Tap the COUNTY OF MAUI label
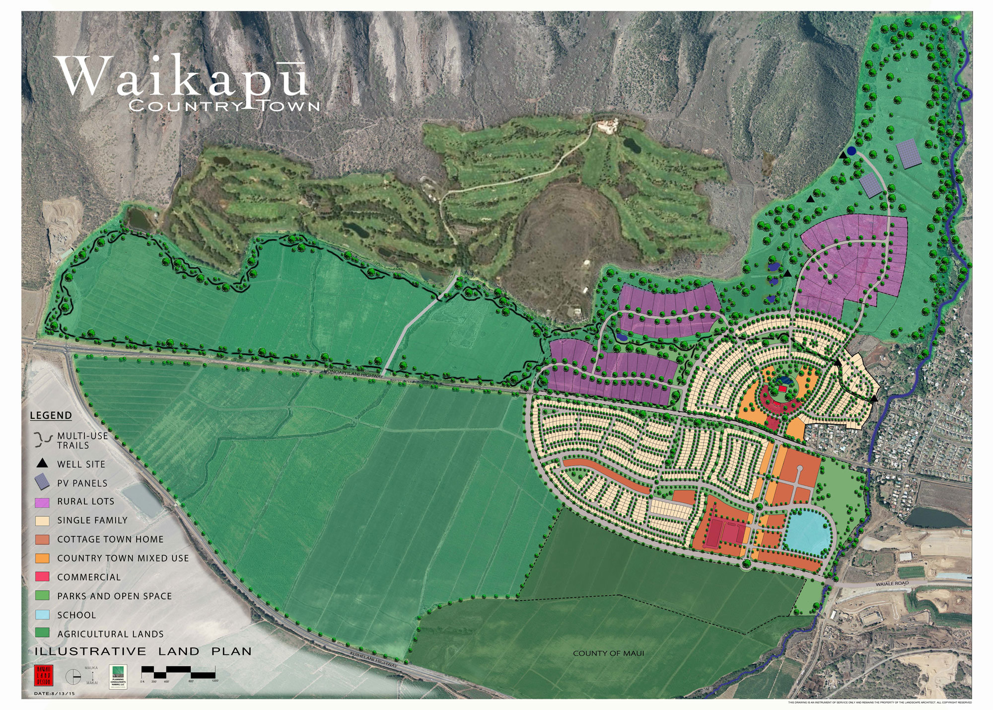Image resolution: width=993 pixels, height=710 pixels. [x=608, y=653]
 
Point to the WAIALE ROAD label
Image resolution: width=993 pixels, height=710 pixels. [x=892, y=583]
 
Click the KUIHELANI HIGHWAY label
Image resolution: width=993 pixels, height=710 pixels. [x=373, y=659]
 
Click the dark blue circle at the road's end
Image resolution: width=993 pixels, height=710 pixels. [x=851, y=151]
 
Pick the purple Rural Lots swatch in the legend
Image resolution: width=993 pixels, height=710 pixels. [x=42, y=502]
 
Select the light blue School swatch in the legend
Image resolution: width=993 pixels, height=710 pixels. [x=42, y=615]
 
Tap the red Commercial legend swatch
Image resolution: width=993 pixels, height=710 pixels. [x=42, y=577]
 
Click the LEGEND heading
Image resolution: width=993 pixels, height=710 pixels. [x=51, y=415]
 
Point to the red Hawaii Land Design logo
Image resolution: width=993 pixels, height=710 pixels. [x=43, y=676]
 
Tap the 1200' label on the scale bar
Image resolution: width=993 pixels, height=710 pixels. [x=214, y=681]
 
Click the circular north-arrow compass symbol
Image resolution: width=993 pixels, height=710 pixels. [x=73, y=677]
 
